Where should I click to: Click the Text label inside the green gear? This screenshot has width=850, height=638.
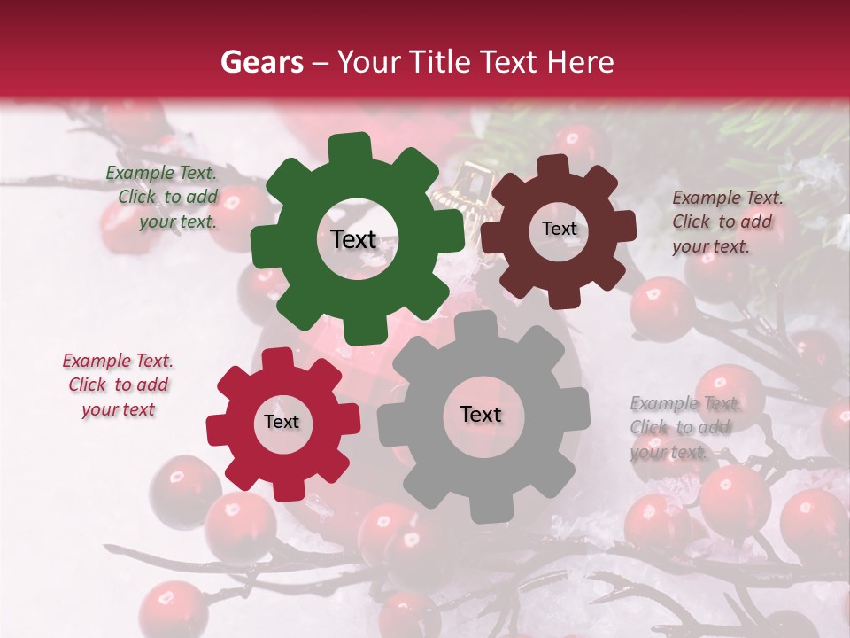(x=353, y=239)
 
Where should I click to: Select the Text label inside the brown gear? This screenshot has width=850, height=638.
(x=559, y=229)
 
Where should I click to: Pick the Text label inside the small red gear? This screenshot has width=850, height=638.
(x=282, y=422)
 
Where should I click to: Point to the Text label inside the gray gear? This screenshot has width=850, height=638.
(x=481, y=414)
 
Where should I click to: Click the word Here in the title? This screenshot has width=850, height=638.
(x=581, y=62)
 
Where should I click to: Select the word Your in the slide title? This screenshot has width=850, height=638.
(x=367, y=62)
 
